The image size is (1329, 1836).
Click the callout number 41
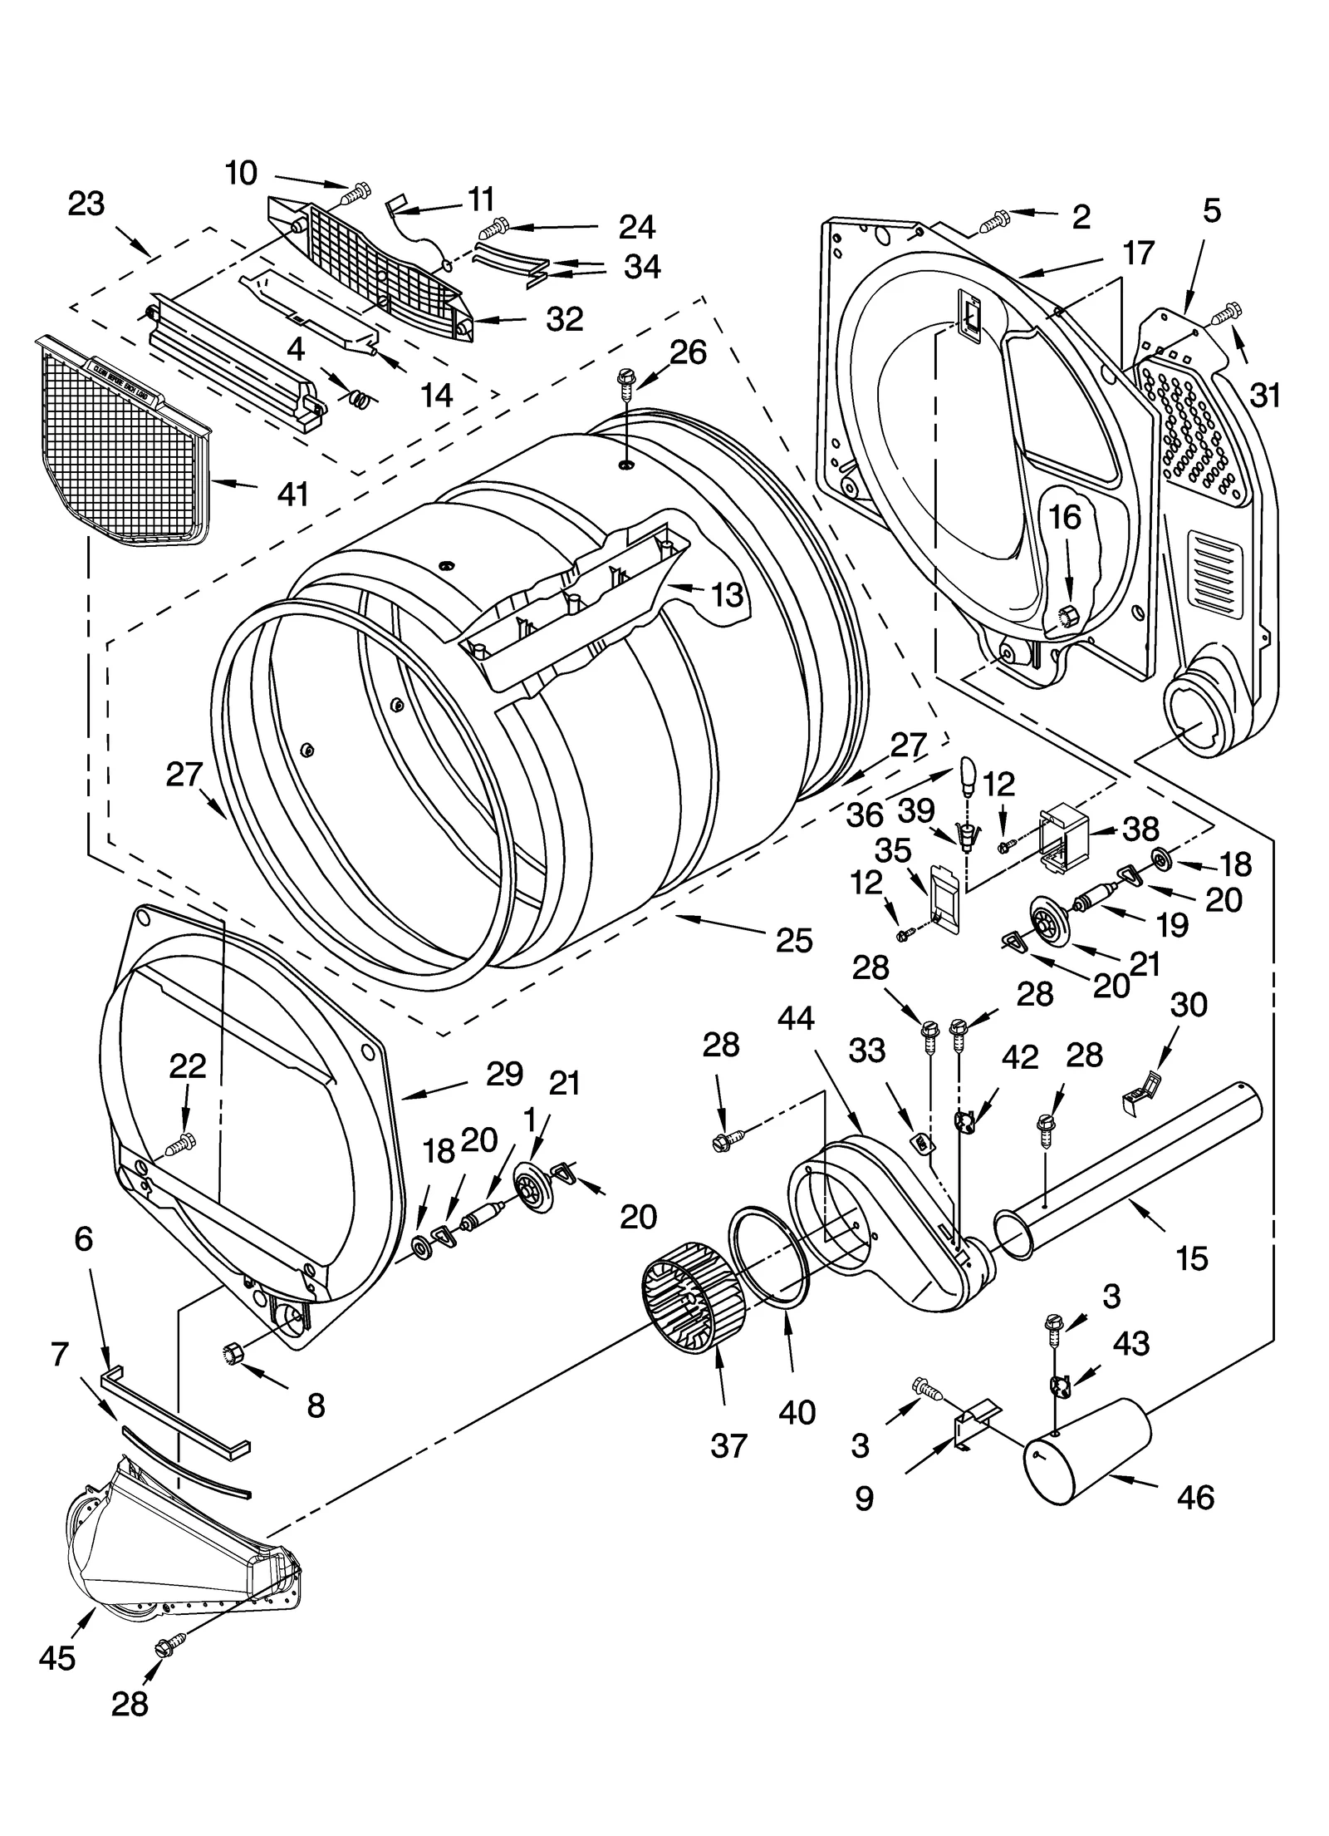(x=293, y=494)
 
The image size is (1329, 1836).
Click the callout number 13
(x=727, y=594)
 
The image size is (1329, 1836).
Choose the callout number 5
(x=1212, y=211)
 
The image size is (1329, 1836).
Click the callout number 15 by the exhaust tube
(x=1191, y=1258)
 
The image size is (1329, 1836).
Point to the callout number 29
(x=504, y=1074)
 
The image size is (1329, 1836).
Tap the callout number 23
(x=86, y=204)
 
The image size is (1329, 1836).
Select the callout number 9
(x=864, y=1498)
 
